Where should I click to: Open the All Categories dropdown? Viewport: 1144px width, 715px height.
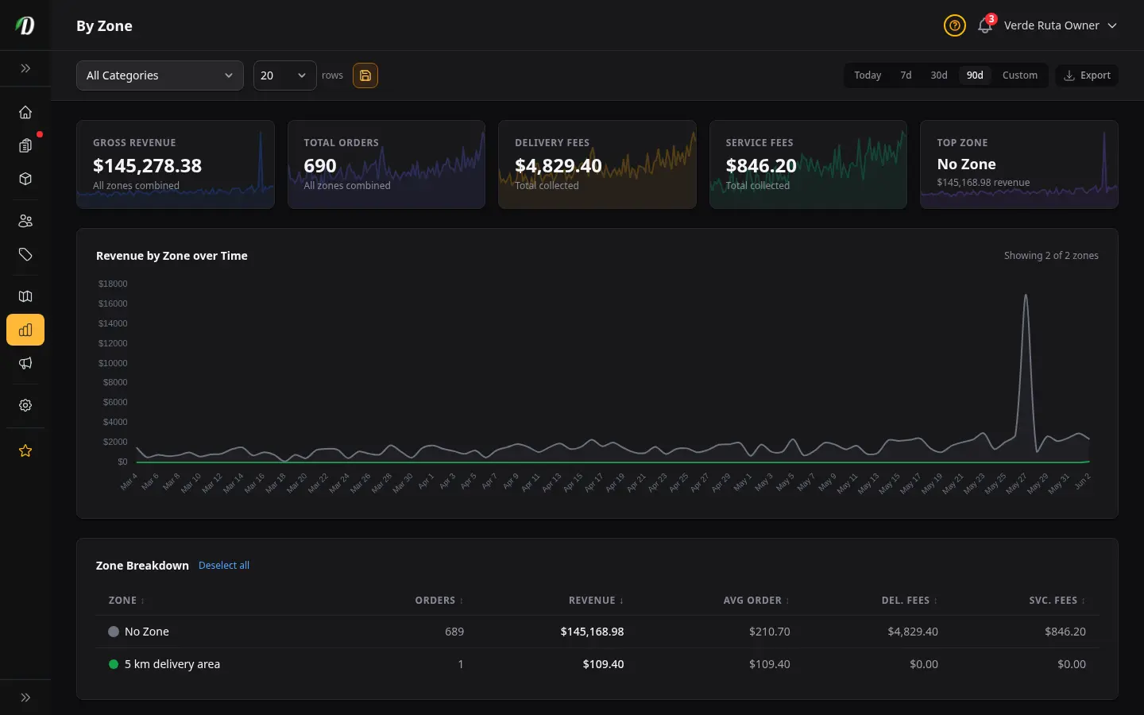(160, 75)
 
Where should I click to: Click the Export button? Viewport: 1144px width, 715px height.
(1087, 75)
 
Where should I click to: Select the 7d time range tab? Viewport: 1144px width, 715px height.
(906, 75)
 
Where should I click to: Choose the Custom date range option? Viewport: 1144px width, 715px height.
(1019, 75)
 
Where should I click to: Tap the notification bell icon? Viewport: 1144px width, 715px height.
(984, 25)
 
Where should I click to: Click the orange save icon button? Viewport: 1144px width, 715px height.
(365, 75)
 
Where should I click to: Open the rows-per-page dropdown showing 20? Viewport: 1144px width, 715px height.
(284, 75)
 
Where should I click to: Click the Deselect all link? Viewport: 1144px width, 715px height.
(224, 566)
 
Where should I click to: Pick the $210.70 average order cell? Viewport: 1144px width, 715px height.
(769, 632)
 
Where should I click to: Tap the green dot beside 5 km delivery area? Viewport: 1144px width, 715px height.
(114, 664)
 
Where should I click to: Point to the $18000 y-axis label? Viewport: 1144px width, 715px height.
(112, 284)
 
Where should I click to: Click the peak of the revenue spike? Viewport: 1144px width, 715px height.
(1025, 295)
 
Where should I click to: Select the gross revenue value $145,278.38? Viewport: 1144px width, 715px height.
(147, 165)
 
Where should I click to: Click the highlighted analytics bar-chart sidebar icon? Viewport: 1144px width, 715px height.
(25, 330)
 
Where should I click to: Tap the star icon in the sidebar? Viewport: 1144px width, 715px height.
(25, 451)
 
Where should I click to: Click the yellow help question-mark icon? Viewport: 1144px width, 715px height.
(954, 25)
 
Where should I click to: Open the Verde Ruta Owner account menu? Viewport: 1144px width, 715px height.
(1061, 25)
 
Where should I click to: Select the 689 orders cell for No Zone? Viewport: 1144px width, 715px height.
(454, 632)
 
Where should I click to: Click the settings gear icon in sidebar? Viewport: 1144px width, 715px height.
(25, 405)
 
